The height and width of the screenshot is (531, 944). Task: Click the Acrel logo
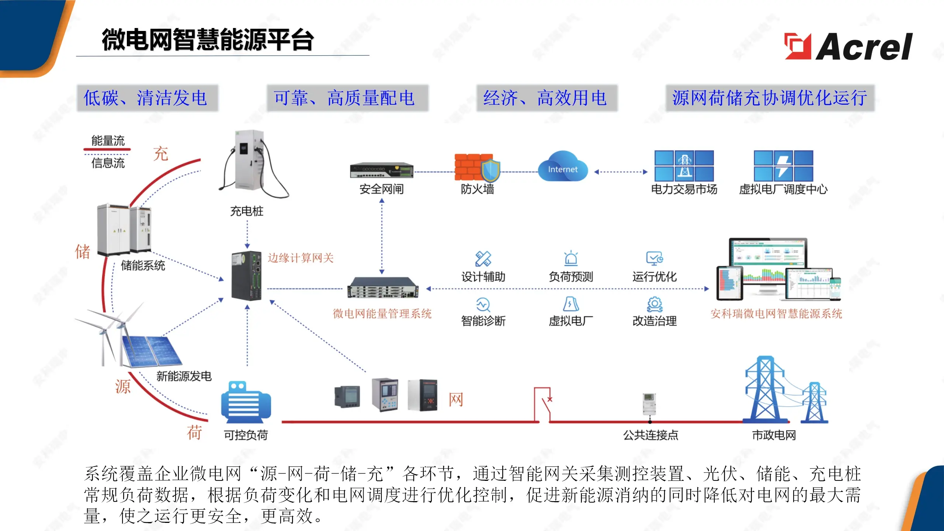coord(848,46)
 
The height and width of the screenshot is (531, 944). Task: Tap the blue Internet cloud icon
coord(563,167)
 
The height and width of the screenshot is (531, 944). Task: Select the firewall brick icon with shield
coord(476,168)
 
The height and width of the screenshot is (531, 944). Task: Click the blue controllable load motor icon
coord(246,403)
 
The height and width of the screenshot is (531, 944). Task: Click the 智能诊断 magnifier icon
coord(483,305)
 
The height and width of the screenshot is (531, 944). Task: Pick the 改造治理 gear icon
coord(655,305)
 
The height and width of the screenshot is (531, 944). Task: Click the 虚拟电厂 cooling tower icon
coord(570,304)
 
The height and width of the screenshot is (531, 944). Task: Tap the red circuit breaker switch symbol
coord(543,404)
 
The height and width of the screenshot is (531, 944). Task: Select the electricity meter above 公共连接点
coord(649,404)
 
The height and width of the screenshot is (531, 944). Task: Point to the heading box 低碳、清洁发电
coord(147,98)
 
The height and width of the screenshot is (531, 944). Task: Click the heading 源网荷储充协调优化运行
coord(770,98)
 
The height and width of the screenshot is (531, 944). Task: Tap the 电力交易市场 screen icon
coord(684,166)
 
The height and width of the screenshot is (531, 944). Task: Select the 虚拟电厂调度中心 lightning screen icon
coord(783,166)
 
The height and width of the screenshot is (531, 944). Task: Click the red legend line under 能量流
coord(107,149)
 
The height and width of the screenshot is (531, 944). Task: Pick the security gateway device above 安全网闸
coord(382,170)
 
